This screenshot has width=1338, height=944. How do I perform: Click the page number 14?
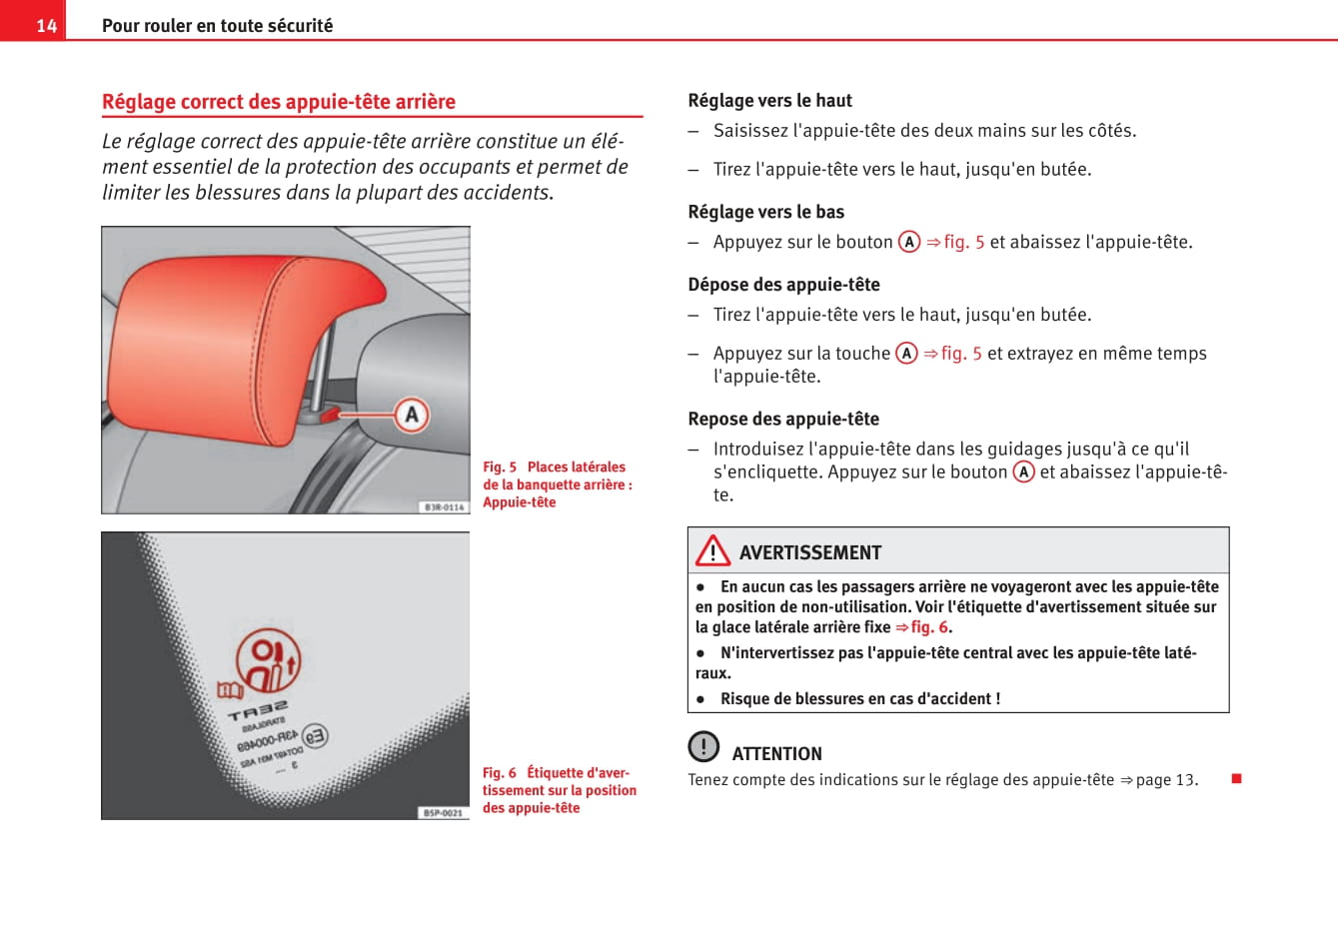tap(46, 25)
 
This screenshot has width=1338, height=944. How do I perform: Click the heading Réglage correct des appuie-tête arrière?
tap(279, 102)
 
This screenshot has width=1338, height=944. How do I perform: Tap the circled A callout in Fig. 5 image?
tap(411, 415)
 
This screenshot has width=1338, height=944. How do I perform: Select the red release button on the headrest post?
tap(329, 413)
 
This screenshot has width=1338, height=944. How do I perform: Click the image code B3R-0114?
tap(444, 506)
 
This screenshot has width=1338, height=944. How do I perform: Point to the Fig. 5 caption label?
tap(500, 467)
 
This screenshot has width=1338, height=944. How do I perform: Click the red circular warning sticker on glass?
tap(268, 659)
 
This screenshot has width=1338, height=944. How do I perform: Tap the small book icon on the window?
tap(230, 690)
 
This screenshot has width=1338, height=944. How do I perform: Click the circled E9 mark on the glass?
tap(314, 737)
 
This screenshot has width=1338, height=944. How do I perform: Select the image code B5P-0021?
tap(443, 812)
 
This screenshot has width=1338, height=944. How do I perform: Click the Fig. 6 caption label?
tap(499, 772)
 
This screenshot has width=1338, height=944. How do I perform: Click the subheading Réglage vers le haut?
tap(769, 100)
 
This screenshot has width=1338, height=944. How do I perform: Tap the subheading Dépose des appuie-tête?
tap(783, 285)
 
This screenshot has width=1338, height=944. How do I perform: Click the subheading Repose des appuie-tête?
tap(783, 419)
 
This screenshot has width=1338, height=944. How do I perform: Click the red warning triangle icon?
tap(713, 550)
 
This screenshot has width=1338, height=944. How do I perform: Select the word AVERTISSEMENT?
tap(810, 552)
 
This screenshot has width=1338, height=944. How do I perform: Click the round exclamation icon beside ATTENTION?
tap(703, 746)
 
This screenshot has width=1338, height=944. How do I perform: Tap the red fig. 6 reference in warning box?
tap(928, 627)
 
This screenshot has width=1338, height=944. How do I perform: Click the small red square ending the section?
tap(1236, 778)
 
